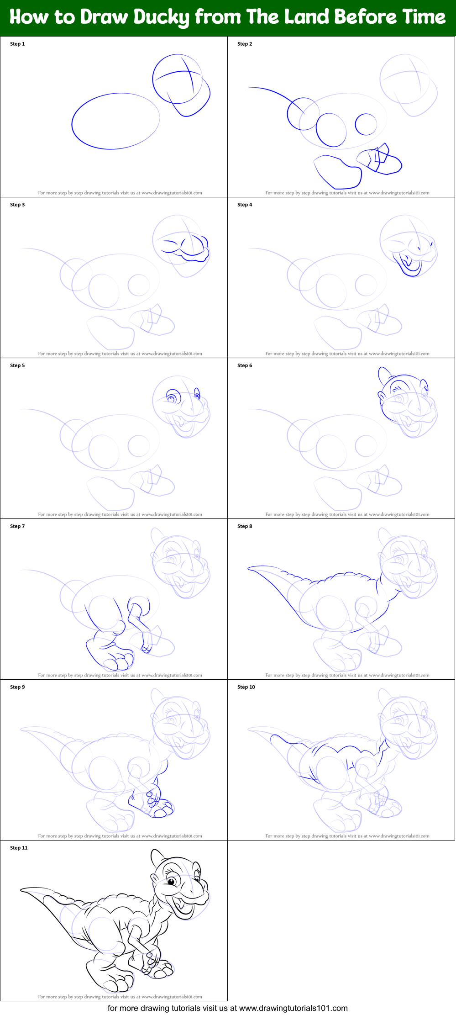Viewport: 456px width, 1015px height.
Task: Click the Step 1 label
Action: [x=17, y=44]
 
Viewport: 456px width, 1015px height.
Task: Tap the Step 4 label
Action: [x=245, y=205]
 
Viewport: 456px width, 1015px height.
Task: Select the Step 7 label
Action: [x=17, y=526]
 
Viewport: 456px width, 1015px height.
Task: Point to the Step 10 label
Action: [x=246, y=687]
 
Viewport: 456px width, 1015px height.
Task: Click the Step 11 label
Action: [x=19, y=848]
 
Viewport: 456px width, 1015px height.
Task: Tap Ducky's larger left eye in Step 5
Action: [x=173, y=396]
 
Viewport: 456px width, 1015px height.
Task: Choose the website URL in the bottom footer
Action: [x=293, y=1008]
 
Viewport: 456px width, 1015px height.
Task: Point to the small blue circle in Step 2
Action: [x=366, y=124]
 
